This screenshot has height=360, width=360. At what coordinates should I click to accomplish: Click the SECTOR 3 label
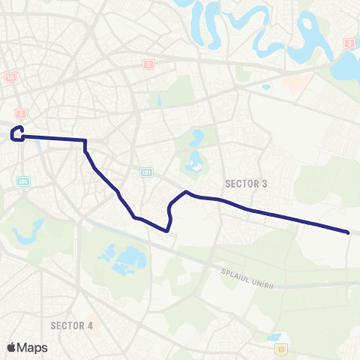click(x=246, y=183)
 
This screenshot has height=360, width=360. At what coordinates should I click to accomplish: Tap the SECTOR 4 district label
click(x=72, y=325)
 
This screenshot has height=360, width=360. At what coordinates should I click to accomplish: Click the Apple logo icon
click(x=12, y=347)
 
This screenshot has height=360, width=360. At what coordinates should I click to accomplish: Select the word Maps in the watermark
click(x=32, y=347)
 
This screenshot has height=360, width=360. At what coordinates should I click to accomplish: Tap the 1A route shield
click(x=10, y=77)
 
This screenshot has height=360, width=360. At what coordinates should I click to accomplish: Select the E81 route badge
click(x=148, y=172)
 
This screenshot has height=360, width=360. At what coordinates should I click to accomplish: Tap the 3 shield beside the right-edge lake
click(x=349, y=43)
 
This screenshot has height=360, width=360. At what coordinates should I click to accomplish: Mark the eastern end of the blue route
click(x=349, y=232)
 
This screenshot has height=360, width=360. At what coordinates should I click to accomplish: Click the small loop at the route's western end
click(x=16, y=133)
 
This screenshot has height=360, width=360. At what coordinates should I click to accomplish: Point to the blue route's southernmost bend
click(x=166, y=230)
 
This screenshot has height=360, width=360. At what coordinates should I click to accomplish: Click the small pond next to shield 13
click(x=272, y=337)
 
